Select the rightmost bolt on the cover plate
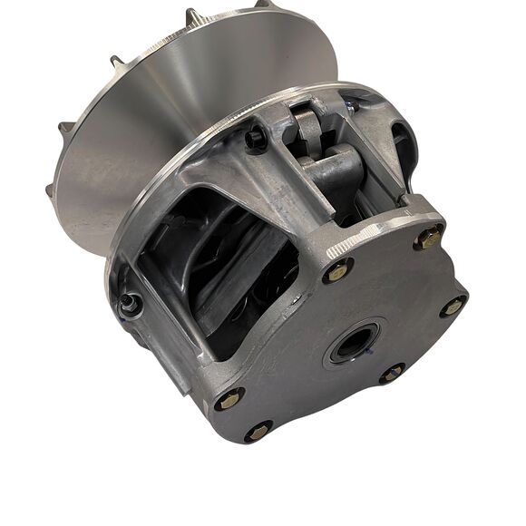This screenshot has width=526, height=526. pos(451,306)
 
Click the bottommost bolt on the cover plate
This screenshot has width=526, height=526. pos(258,431)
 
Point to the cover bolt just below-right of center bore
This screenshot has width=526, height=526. pos(392,372)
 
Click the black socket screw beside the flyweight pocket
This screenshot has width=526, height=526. pos(258,139)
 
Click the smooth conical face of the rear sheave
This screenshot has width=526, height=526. pos(181,100)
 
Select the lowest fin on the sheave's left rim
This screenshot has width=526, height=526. pos(50,190)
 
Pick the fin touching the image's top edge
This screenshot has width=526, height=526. pos(263,5)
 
